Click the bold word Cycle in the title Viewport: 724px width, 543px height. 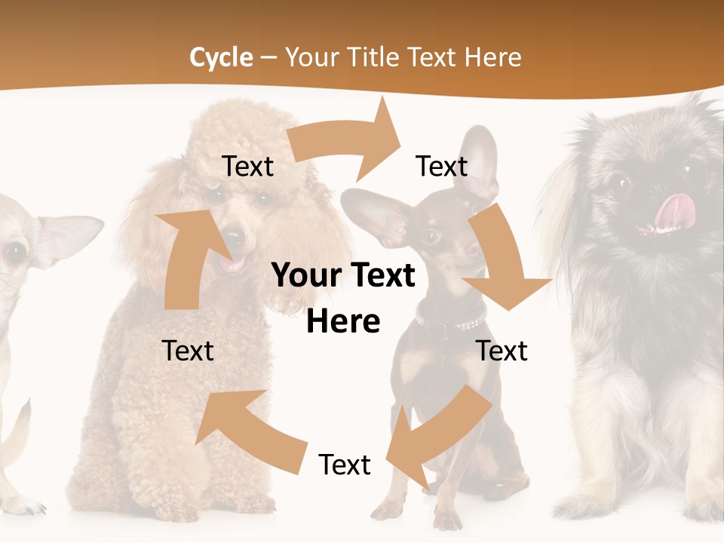click(221, 57)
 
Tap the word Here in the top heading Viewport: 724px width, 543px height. click(492, 57)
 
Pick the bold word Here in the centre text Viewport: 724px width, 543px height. click(343, 322)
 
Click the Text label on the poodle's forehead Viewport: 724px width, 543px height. click(247, 166)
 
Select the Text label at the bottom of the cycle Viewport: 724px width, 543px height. click(345, 465)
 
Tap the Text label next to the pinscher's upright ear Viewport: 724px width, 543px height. click(442, 166)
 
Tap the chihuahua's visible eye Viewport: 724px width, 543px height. click(14, 252)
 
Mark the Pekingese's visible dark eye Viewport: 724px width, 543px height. click(620, 183)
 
